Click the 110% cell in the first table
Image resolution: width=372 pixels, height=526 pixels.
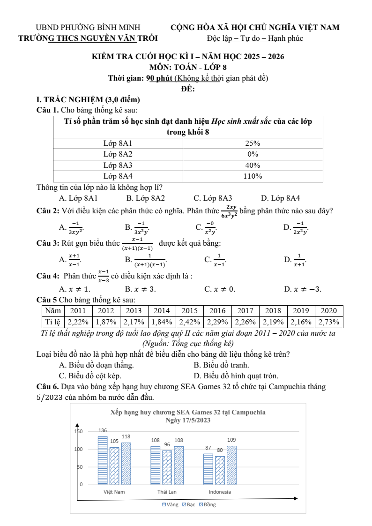[x=253, y=176]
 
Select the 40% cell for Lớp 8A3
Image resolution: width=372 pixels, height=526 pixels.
[x=253, y=165]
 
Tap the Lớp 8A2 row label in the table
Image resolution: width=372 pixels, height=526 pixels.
[x=118, y=154]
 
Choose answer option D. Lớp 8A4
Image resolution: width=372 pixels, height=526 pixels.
[x=280, y=198]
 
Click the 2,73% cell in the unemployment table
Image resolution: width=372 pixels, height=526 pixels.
[x=329, y=322]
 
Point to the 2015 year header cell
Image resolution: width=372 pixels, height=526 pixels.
[x=189, y=311]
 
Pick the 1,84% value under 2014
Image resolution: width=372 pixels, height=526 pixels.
[x=162, y=322]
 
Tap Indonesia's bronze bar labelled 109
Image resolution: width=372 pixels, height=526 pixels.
[x=231, y=465]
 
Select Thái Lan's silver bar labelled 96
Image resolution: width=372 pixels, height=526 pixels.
[x=167, y=467]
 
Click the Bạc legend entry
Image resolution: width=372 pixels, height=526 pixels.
[x=188, y=505]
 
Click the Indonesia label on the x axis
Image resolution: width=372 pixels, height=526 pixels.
[x=220, y=492]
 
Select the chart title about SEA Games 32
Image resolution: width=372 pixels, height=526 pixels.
[x=188, y=413]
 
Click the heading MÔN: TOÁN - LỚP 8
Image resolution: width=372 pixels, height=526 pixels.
[x=187, y=68]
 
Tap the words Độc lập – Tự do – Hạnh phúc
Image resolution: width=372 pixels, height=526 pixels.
[x=255, y=38]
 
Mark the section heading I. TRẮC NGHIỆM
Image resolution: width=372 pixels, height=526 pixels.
[x=88, y=99]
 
